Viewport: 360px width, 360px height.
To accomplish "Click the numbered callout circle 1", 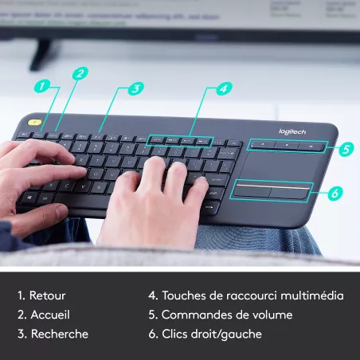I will coord(43,85).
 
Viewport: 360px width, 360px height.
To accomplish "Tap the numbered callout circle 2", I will coord(80,73).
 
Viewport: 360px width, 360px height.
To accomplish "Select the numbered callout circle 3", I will coord(136,88).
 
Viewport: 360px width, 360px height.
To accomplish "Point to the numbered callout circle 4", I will coord(225,88).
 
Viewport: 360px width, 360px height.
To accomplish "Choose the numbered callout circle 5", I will coord(345,148).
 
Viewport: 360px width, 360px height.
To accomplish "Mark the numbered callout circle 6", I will coord(335,193).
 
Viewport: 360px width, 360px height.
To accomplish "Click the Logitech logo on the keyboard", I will coord(292,131).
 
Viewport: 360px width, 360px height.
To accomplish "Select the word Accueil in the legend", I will coord(50,315).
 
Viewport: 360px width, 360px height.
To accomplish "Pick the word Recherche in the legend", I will coord(60,334).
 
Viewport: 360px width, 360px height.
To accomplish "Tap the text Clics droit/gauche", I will coord(211,334).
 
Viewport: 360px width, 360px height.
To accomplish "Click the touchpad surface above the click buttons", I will coord(279,166).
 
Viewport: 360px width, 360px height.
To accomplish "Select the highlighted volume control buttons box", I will coord(286,146).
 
